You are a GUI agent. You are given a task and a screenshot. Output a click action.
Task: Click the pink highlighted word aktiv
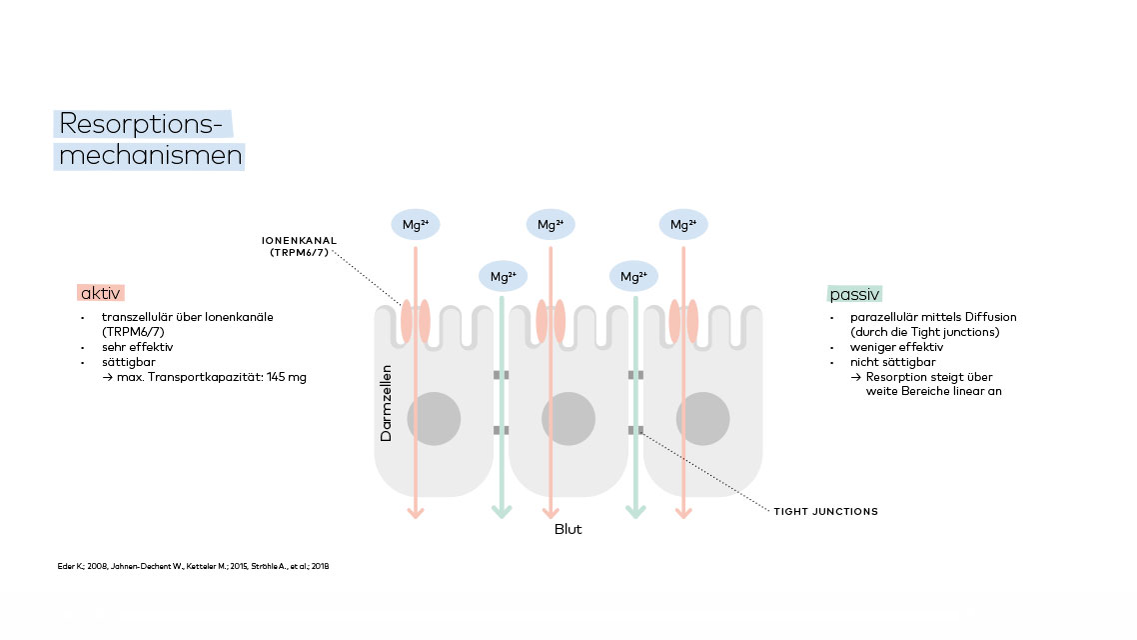[99, 293]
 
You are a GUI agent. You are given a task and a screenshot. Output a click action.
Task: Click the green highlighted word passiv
[855, 294]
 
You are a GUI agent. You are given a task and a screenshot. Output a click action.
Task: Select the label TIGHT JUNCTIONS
[825, 511]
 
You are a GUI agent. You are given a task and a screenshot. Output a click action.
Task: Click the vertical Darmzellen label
[387, 403]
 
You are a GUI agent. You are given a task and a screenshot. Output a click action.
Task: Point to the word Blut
[568, 529]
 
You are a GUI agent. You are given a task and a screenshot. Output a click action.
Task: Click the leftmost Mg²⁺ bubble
[415, 225]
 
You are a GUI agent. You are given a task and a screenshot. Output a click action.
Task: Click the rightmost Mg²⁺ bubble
[683, 225]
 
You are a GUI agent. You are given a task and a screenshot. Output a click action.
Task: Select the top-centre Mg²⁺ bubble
[551, 225]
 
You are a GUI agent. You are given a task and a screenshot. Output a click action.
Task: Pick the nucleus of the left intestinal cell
[434, 418]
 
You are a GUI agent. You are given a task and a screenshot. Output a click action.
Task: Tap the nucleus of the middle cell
[568, 418]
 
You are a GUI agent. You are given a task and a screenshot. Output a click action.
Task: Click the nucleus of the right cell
[702, 418]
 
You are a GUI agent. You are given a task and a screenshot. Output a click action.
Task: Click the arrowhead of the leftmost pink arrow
[416, 513]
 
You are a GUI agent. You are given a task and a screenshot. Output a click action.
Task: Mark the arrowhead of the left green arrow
[502, 513]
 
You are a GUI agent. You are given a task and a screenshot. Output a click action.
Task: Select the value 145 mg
[289, 376]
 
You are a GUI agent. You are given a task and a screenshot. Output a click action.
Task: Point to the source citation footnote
[193, 566]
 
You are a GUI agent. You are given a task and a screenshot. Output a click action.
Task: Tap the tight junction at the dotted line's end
[635, 430]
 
